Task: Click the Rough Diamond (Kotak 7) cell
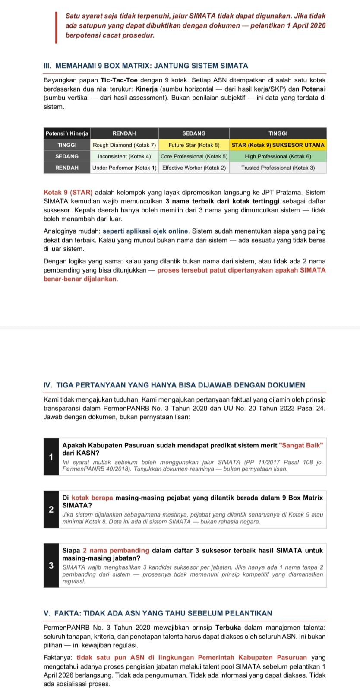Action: (x=124, y=145)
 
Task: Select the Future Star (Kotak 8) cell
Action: (x=194, y=145)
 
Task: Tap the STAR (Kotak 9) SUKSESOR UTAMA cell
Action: (x=278, y=145)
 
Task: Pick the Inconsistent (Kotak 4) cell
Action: (x=124, y=156)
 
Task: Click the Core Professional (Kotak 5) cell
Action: (x=194, y=156)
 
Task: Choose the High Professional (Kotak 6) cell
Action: (x=278, y=156)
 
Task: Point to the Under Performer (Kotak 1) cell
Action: (x=124, y=168)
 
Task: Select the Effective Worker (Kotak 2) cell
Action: (x=194, y=168)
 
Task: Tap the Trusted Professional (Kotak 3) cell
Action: (x=278, y=168)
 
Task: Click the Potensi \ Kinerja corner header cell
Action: (x=67, y=133)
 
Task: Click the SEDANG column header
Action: (x=194, y=133)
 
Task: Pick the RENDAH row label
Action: (x=67, y=168)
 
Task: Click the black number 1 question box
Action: (x=51, y=457)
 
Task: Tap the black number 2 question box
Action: (x=51, y=509)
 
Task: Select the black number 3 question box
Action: (x=51, y=565)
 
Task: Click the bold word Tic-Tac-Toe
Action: (x=120, y=80)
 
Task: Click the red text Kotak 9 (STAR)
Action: (x=68, y=192)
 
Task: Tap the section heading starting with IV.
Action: (x=174, y=385)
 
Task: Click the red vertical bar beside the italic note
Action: (x=56, y=27)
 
